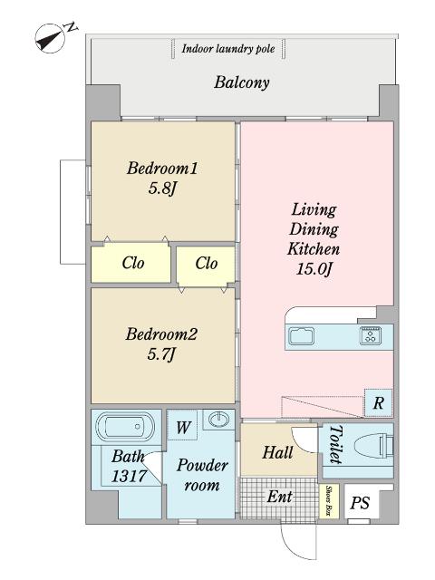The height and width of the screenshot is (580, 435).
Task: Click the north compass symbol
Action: click(51, 38)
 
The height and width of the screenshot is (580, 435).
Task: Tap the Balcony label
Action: click(242, 82)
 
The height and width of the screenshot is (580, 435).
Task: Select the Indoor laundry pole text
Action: click(227, 49)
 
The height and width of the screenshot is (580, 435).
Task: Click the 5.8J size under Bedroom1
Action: click(161, 188)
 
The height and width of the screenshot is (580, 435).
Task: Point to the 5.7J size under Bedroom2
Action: click(160, 354)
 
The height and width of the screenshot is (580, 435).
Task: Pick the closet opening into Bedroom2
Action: click(206, 266)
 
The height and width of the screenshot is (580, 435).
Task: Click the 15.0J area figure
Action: click(314, 268)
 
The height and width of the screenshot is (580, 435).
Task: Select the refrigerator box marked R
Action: click(378, 402)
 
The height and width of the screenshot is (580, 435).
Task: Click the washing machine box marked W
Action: click(182, 426)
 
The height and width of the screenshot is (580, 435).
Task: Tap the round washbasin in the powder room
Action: click(218, 420)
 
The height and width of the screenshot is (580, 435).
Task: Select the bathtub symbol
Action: click(125, 427)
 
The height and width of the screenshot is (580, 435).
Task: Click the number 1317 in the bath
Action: click(129, 476)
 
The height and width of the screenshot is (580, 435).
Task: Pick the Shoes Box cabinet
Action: click(328, 501)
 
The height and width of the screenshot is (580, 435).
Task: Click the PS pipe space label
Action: click(360, 503)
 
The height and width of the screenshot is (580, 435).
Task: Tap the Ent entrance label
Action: click(279, 497)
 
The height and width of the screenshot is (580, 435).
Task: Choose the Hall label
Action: click(278, 453)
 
